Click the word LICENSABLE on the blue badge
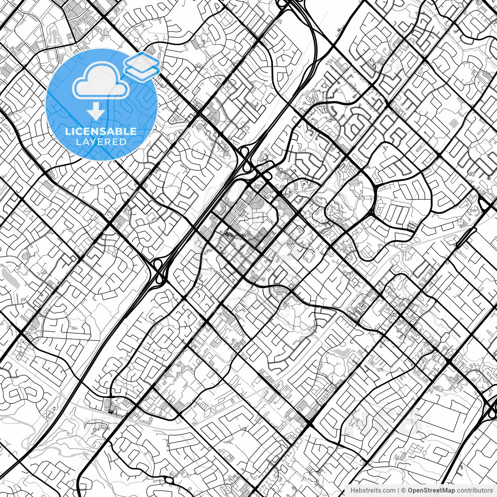101,131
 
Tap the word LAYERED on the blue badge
101,142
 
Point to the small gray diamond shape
453,123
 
